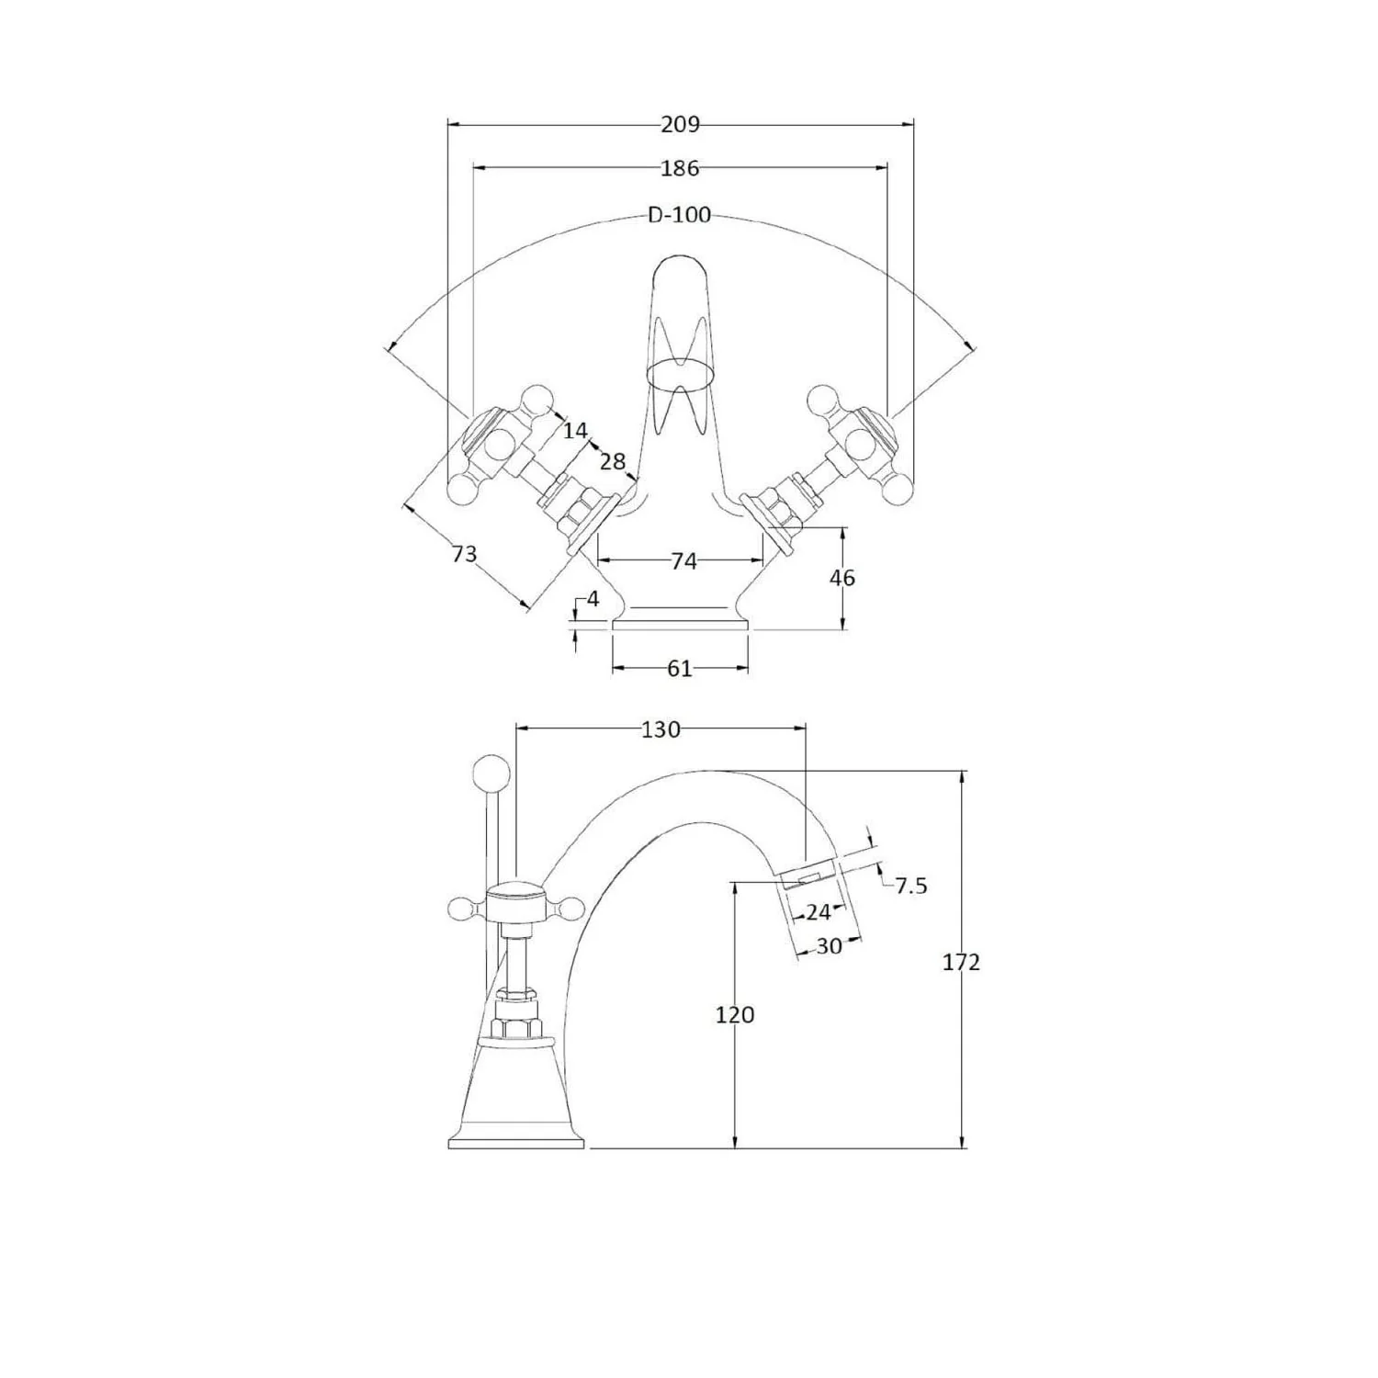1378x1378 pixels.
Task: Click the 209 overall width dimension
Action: click(x=680, y=124)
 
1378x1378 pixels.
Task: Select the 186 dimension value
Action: click(x=680, y=168)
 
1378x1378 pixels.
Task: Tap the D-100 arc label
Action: click(x=680, y=215)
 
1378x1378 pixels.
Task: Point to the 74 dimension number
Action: click(x=683, y=560)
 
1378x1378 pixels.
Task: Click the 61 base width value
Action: click(x=679, y=669)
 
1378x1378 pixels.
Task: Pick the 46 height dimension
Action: click(x=841, y=577)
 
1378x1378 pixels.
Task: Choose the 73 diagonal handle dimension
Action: click(x=465, y=554)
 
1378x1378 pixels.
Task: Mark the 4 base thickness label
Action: click(x=593, y=599)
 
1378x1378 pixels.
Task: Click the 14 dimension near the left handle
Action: click(x=575, y=430)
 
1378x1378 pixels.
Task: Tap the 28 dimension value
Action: click(x=613, y=461)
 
